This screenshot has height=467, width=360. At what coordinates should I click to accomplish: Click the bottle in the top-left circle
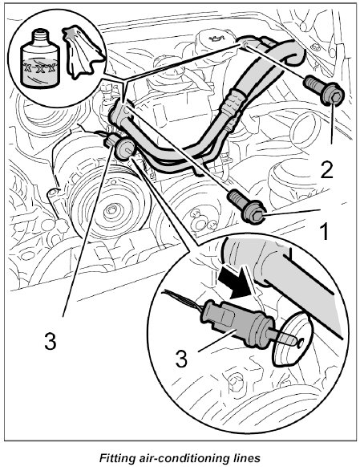39,59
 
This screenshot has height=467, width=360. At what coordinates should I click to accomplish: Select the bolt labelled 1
246,206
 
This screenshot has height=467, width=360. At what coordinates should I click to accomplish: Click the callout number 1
325,233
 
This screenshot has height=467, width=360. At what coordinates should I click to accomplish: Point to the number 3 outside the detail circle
50,341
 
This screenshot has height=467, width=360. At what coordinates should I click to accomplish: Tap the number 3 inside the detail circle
181,359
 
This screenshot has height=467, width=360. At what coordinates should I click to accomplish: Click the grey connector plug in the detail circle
238,325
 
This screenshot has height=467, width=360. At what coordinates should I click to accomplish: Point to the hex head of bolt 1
253,213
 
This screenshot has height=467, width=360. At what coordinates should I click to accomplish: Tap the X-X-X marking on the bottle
39,68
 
